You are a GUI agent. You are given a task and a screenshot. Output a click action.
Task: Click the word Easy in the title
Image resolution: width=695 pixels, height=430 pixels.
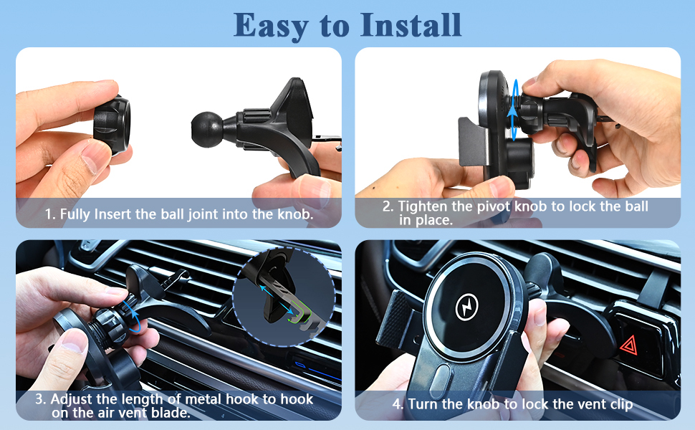271,26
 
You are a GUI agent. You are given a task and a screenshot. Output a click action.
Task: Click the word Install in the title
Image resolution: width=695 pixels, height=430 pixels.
411,24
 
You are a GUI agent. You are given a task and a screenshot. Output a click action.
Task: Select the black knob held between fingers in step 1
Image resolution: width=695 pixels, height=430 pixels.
112,125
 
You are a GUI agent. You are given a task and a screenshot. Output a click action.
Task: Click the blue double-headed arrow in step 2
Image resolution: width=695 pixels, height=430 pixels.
514,110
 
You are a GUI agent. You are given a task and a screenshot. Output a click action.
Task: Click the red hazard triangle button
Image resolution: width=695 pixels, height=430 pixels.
628,345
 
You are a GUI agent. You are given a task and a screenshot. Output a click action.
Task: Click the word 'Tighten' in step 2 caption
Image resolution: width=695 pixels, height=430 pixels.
423,206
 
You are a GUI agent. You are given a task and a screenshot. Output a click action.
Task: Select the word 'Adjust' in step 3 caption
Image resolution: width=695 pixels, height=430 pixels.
72,399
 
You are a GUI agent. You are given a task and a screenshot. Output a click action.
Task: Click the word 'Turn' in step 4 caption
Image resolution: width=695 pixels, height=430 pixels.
423,404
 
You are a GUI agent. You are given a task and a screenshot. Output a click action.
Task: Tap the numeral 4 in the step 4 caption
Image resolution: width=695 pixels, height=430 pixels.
396,404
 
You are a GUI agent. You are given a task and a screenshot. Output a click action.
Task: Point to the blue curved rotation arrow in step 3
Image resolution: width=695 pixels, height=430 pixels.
134,315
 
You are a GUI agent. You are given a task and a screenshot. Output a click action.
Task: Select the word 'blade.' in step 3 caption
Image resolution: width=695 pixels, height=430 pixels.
171,413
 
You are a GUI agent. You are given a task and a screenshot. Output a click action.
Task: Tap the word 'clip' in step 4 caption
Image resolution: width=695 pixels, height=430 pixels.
620,404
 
